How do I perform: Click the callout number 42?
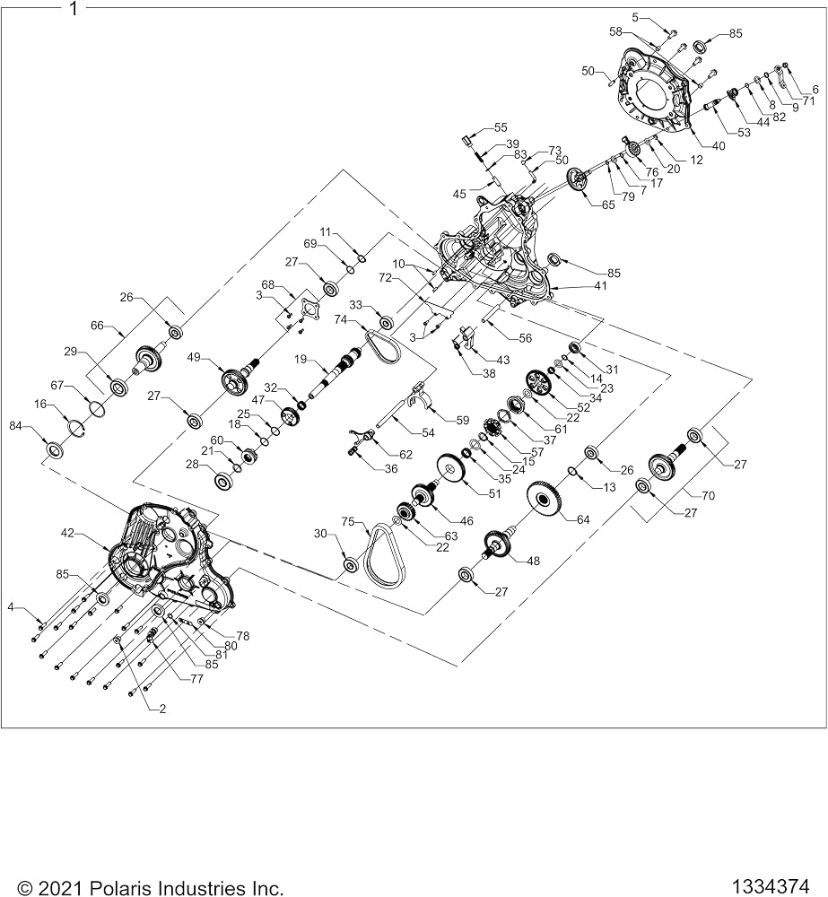point(68,533)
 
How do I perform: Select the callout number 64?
point(583,519)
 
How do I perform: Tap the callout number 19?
point(301,360)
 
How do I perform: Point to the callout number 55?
point(500,127)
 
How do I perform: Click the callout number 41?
point(600,285)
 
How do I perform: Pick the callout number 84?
point(16,425)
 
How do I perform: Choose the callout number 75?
point(348,521)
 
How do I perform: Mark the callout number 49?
point(194,357)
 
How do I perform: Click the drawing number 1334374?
point(772,885)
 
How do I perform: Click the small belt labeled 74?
point(383,346)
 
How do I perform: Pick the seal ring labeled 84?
point(55,449)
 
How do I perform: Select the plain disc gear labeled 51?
point(450,469)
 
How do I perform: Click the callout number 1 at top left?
point(73,9)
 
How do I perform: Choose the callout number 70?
point(709,495)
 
